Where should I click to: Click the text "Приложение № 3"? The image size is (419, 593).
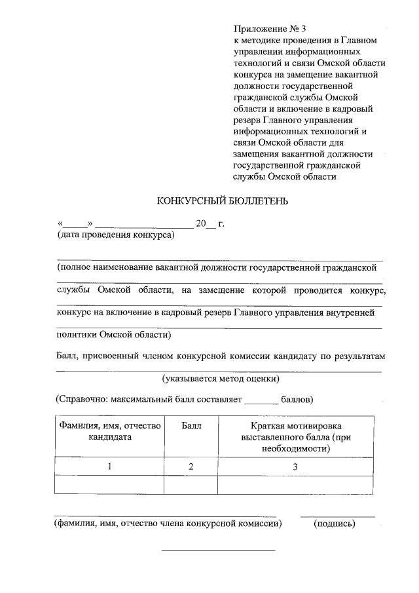coord(269,29)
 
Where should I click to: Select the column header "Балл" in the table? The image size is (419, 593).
coord(191,426)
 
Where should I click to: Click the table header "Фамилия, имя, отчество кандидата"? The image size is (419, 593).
coord(110,431)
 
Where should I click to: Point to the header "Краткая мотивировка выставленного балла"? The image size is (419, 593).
coord(295,437)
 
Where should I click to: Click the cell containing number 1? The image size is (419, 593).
coord(110,467)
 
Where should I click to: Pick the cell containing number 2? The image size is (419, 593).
coord(191,467)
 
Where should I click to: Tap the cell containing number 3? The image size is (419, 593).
coord(295,467)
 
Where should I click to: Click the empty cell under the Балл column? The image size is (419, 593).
coord(191,485)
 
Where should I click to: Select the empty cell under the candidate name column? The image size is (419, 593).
coord(110,485)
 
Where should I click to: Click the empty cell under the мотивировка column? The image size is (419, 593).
coord(295,485)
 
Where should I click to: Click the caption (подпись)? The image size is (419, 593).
coord(335,524)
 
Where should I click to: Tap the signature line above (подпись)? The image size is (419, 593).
coord(337,516)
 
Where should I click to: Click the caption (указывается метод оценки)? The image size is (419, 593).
coord(221,379)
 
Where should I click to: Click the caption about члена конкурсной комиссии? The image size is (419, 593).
coord(168,524)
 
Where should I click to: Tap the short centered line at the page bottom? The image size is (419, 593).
coord(218,549)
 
